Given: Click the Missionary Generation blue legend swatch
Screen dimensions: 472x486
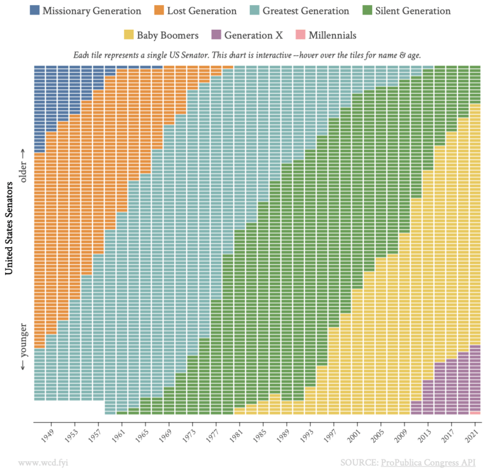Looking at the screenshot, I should click(35, 11).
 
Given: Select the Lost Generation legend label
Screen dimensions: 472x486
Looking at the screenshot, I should click(201, 11).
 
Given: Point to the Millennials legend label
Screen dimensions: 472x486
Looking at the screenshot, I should click(332, 35).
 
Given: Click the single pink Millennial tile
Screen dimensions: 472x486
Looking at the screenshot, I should click(475, 412).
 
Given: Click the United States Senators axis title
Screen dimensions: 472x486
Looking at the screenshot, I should click(10, 228).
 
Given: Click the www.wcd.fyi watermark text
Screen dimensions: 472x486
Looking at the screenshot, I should click(43, 462).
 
